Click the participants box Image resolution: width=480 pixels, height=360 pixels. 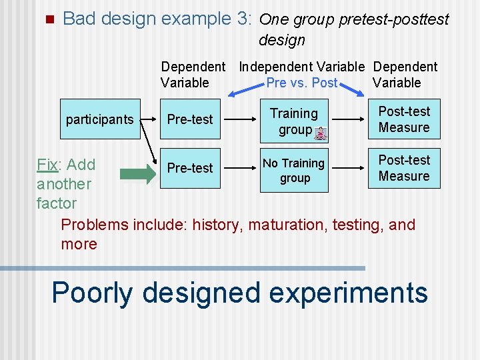99,119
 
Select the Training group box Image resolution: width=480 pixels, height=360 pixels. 295,121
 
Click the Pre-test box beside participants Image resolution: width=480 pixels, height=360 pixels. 190,119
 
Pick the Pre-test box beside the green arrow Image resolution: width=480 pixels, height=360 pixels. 190,168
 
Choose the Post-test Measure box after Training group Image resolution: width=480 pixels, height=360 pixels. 404,119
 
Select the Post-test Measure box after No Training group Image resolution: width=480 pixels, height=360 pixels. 404,168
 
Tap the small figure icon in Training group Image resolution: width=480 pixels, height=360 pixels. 321,133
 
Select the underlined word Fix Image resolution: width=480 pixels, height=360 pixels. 47,165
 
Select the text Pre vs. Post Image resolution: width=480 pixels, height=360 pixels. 301,83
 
